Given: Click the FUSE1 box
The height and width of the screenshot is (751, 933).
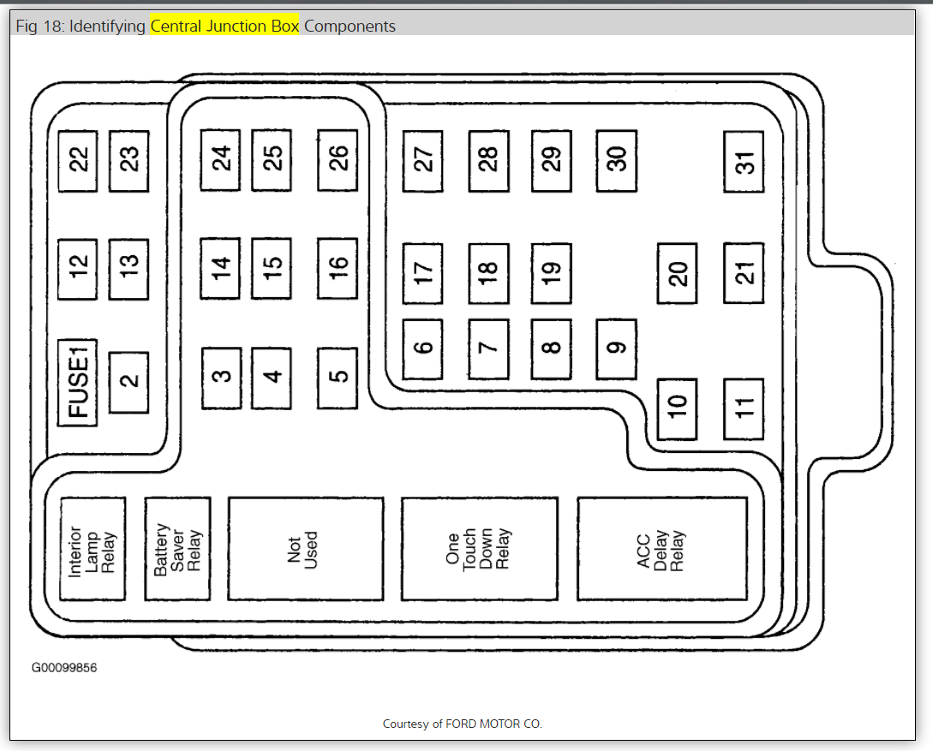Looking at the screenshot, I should [x=78, y=383].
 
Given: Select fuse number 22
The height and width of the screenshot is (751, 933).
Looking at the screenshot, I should [x=78, y=160].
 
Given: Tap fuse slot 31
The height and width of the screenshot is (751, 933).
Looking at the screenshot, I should [x=744, y=161].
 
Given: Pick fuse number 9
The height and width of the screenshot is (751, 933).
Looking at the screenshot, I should [x=617, y=349].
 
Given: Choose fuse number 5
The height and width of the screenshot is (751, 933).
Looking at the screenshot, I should [x=338, y=377].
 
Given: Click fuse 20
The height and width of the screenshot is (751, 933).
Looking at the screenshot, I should [x=678, y=273].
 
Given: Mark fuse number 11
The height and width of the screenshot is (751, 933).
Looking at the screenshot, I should [x=744, y=409].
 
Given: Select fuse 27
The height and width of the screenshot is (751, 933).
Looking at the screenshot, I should [x=423, y=161].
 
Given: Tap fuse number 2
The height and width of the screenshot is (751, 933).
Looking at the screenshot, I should [x=129, y=382].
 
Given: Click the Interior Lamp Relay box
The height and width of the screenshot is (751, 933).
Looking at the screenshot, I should [x=93, y=549].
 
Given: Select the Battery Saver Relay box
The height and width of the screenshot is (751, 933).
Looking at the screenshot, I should [x=177, y=549].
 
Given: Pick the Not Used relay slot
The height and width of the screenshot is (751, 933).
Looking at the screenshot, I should [x=305, y=548].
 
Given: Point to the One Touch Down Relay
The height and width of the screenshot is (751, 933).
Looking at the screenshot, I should [x=479, y=548].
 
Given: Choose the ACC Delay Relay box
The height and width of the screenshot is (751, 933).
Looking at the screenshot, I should [x=661, y=548].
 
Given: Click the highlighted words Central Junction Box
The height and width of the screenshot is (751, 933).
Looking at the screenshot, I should [x=224, y=27].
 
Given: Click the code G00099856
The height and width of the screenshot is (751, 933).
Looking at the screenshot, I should [x=64, y=668].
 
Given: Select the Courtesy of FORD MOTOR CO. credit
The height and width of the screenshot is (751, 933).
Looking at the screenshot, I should [x=462, y=724].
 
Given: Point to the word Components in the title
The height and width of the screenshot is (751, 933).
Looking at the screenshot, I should [x=350, y=27].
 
